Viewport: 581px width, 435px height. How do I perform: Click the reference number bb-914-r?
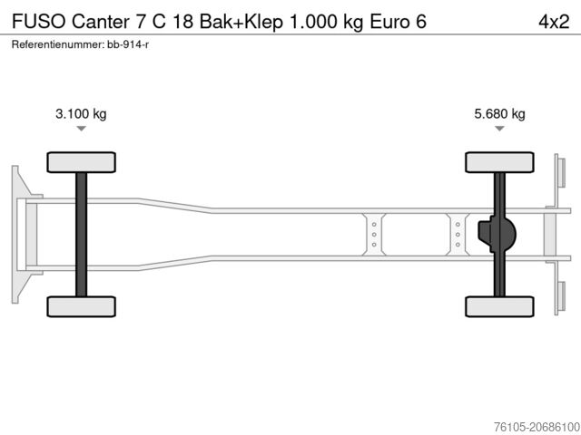(129, 43)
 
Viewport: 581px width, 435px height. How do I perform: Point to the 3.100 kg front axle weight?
(81, 114)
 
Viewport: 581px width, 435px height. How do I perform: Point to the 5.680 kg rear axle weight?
(499, 114)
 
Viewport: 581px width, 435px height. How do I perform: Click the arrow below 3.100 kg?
(81, 130)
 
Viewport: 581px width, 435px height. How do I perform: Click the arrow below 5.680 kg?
(499, 130)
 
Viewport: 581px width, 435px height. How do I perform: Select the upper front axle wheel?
(81, 162)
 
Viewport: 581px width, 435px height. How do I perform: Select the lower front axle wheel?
(81, 306)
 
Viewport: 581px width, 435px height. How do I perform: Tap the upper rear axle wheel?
(499, 162)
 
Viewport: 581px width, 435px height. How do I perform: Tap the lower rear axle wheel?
(499, 306)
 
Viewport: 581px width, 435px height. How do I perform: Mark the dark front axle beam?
(81, 234)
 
